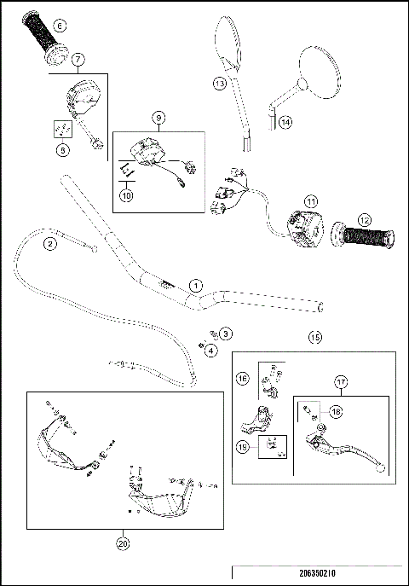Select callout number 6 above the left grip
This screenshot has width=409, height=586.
pyautogui.click(x=59, y=26)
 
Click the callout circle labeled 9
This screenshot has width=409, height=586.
pyautogui.click(x=158, y=117)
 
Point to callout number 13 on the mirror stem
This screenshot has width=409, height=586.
pyautogui.click(x=219, y=83)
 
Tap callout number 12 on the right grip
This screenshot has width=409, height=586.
pyautogui.click(x=366, y=221)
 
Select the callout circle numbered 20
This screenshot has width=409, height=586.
pyautogui.click(x=123, y=540)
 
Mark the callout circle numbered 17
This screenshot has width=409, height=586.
pyautogui.click(x=341, y=383)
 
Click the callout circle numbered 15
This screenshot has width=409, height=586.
pyautogui.click(x=316, y=338)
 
